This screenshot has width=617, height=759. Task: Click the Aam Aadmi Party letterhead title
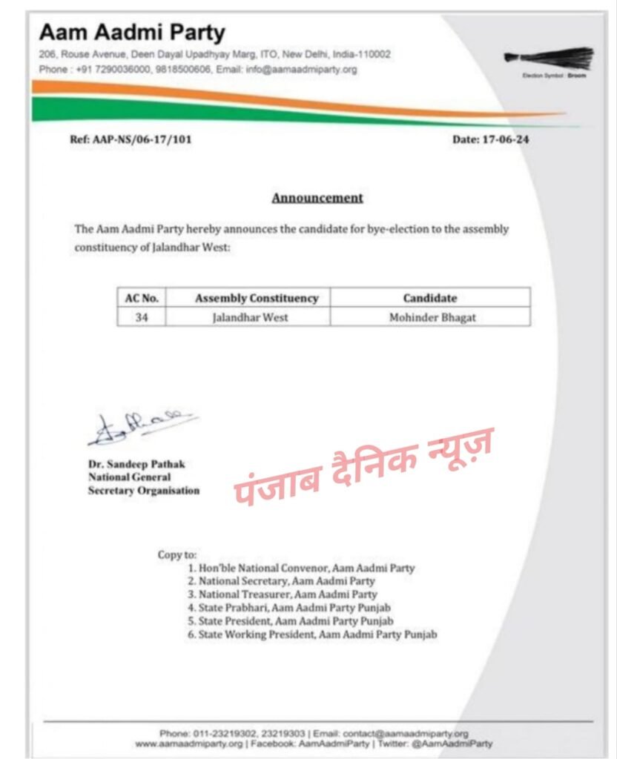[131, 33]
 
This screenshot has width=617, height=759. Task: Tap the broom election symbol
[549, 58]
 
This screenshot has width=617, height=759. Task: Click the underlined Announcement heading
[317, 198]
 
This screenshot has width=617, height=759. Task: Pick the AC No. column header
[141, 298]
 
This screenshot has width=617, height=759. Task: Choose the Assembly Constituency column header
[257, 298]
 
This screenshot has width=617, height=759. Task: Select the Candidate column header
[430, 298]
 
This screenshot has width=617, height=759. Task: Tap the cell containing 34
[141, 316]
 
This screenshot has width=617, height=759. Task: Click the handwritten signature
[141, 428]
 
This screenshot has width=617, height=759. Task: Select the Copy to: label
[177, 554]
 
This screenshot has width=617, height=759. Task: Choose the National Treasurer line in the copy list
[283, 594]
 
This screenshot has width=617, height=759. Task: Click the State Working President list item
[312, 634]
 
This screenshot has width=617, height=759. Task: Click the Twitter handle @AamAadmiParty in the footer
[454, 743]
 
